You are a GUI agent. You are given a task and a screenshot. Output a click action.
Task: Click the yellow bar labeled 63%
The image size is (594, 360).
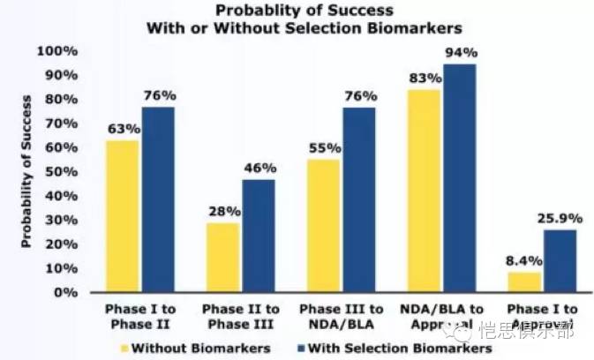123,216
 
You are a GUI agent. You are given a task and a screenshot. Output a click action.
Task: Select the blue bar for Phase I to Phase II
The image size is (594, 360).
158,200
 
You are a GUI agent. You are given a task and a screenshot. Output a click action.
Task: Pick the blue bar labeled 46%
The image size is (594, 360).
259,236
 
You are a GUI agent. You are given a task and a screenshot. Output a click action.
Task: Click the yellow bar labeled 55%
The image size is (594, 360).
324,226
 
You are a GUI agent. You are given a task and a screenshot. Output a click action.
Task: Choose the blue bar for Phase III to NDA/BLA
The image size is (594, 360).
358,200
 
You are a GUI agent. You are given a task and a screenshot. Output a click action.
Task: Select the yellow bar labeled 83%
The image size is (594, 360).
425,191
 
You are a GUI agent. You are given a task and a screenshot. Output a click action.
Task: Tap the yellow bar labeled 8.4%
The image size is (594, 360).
524,282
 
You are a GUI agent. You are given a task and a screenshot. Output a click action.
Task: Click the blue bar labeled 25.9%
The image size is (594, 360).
560,261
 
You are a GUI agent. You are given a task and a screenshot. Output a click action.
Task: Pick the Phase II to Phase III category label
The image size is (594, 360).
241,316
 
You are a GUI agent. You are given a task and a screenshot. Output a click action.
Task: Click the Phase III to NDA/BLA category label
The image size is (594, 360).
341,316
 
